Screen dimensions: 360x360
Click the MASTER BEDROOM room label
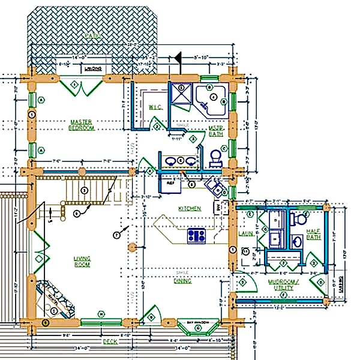click(x=81, y=124)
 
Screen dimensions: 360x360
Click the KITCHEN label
click(x=189, y=208)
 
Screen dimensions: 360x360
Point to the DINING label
click(x=182, y=280)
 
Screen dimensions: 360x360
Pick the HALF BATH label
click(x=313, y=233)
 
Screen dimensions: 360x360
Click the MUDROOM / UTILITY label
click(x=280, y=284)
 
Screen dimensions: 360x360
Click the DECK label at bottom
click(x=110, y=341)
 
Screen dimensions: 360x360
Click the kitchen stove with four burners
click(x=197, y=235)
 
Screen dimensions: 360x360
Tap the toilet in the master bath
click(x=216, y=158)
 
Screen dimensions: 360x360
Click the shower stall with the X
click(x=179, y=94)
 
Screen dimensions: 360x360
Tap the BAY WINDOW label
click(x=197, y=322)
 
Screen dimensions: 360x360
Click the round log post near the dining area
click(x=133, y=247)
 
